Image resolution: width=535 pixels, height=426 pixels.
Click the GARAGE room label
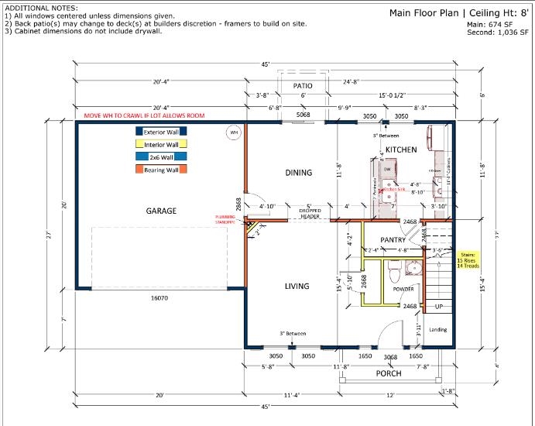[x=161, y=211]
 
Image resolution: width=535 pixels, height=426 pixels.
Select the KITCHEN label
[x=401, y=149]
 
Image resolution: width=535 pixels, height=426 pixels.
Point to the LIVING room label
[x=297, y=286]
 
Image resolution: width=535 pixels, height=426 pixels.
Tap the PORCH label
[x=388, y=373]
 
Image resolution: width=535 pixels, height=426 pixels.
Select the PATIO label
[x=302, y=86]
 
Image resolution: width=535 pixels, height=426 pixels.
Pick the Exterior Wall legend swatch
[x=160, y=132]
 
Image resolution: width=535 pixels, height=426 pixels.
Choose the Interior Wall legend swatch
[x=160, y=144]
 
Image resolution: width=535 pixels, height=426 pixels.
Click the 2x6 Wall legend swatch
[x=160, y=156]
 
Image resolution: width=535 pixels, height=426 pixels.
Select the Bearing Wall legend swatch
[x=160, y=169]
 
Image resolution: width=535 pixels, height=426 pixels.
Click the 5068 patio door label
[x=304, y=115]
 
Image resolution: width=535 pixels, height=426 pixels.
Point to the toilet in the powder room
[x=393, y=273]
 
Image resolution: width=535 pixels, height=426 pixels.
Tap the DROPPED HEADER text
[x=310, y=214]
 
